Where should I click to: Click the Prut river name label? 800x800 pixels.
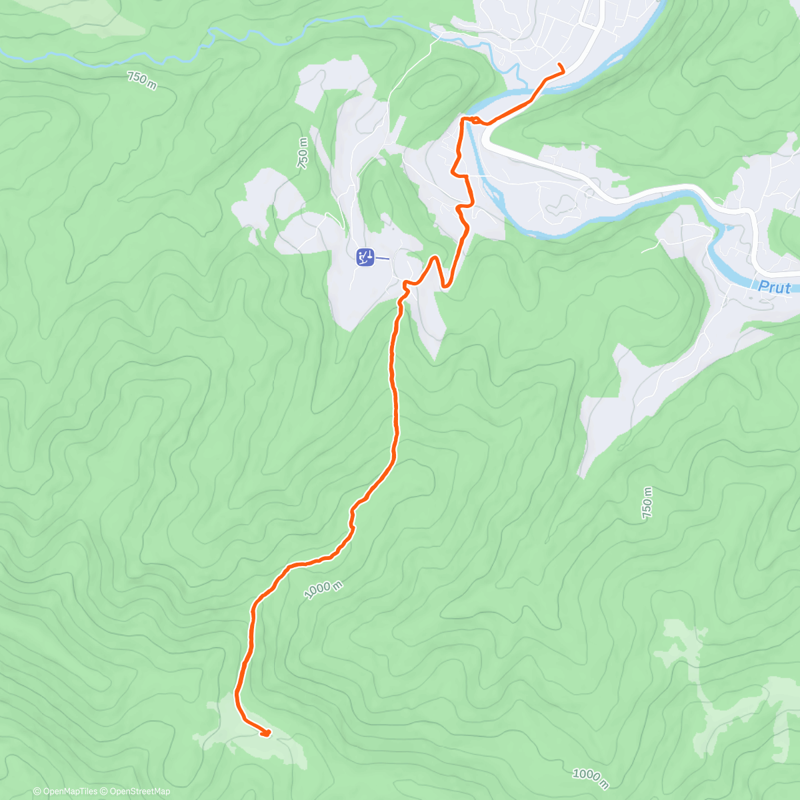[775, 287]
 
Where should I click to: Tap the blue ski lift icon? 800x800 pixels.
[365, 257]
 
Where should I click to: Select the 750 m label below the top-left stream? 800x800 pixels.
[142, 81]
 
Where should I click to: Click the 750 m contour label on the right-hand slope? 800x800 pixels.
[647, 503]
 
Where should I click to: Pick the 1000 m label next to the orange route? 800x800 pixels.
[323, 589]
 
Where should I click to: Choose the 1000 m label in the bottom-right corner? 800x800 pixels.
[590, 775]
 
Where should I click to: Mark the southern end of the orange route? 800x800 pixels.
[267, 734]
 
